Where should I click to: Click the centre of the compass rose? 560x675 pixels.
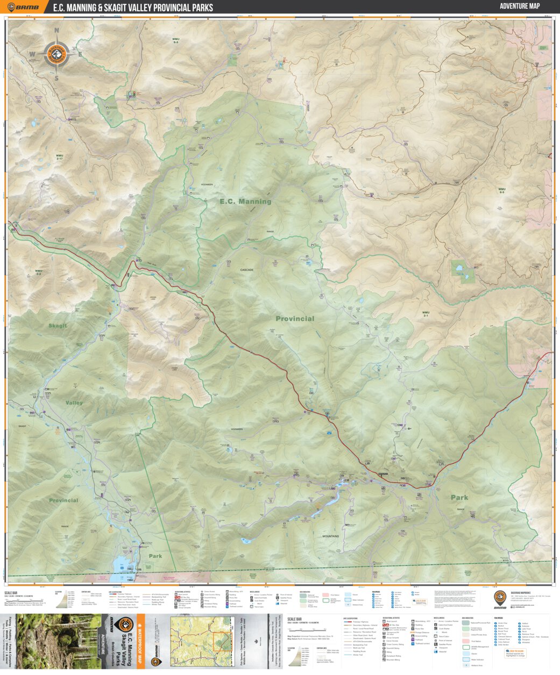tap(56, 54)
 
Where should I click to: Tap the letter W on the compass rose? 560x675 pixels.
tap(32, 54)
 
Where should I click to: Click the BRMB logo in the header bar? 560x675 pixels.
tap(23, 8)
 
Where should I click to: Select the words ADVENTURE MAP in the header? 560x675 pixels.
tap(519, 6)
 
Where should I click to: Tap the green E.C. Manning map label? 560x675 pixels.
tap(245, 202)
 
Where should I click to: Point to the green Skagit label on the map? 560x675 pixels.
tap(58, 326)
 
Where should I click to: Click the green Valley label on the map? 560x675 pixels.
tap(74, 403)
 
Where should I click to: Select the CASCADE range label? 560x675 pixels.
tap(246, 270)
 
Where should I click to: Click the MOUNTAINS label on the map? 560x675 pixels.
tap(331, 536)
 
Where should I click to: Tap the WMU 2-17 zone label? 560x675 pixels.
tap(59, 157)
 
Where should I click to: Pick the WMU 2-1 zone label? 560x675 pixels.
tap(426, 314)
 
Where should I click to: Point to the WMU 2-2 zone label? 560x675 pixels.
tap(38, 272)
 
